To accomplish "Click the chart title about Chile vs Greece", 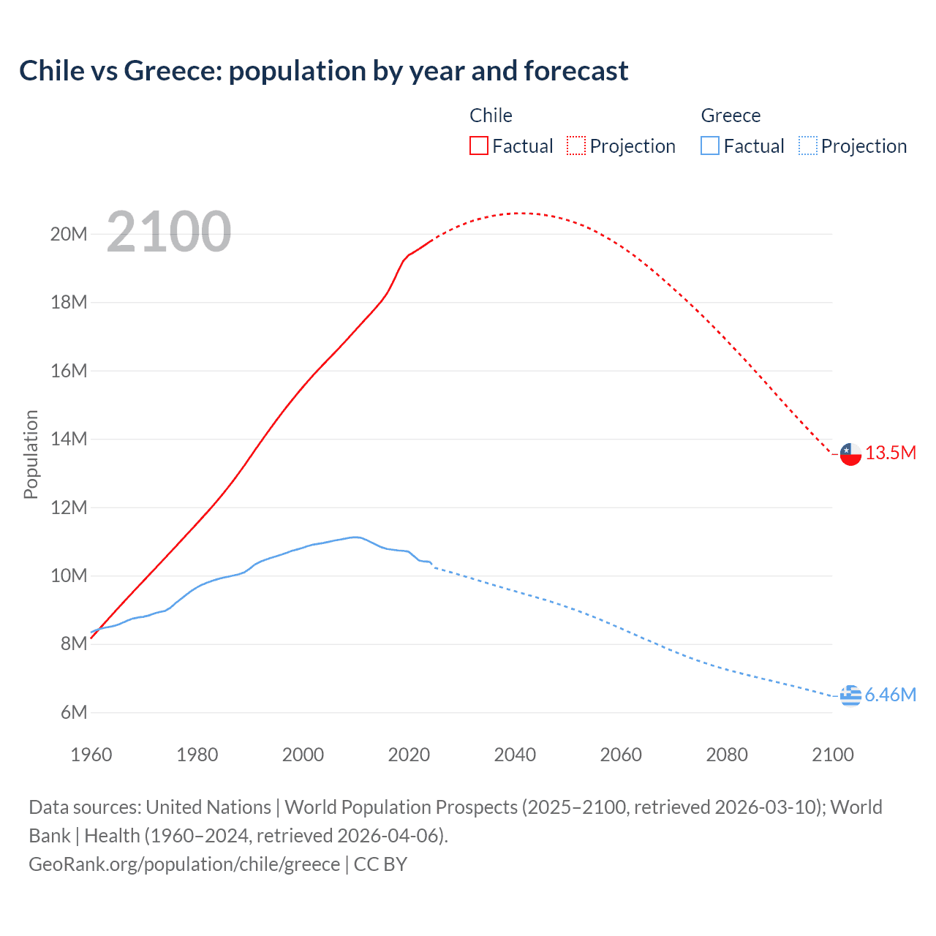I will [323, 71].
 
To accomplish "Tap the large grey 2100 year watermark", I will [169, 232].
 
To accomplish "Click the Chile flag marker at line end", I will [850, 454].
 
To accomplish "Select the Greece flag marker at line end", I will [850, 695].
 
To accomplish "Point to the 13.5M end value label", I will [891, 453].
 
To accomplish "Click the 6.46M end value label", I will [890, 695].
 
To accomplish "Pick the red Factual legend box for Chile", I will [479, 146].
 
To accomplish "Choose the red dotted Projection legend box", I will [576, 146].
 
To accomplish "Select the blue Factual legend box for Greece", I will [710, 146].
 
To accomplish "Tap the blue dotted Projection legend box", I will [808, 146].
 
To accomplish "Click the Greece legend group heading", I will [731, 116].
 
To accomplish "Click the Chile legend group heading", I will [491, 116].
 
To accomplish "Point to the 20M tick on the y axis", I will [69, 234].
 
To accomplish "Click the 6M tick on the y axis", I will [73, 712].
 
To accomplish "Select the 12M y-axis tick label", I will [69, 507].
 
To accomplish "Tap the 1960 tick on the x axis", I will [91, 755].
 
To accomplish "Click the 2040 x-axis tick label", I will [515, 755].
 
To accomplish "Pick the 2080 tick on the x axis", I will [727, 755].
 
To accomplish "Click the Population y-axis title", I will [31, 454].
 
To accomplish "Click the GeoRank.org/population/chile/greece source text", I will [184, 864].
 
